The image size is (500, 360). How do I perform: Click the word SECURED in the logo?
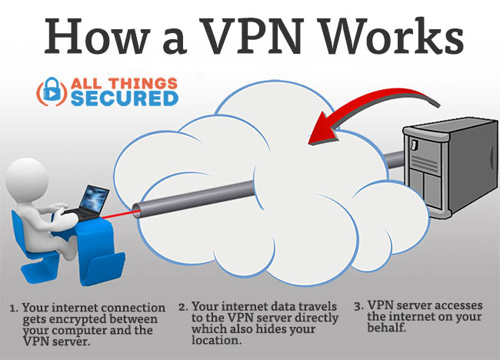point(125,98)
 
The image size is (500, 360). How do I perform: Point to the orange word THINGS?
point(142,83)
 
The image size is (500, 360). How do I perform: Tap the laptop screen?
point(94,198)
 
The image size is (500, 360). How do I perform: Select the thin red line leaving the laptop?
point(121,215)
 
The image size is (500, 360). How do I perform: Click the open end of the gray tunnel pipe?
point(136,210)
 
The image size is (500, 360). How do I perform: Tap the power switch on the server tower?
point(415,145)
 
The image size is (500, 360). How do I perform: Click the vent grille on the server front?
point(425,161)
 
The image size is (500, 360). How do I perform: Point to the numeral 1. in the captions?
point(14,308)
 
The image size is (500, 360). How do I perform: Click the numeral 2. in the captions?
point(183,307)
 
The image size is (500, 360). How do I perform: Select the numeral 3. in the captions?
point(358,306)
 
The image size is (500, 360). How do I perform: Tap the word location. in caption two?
point(215,340)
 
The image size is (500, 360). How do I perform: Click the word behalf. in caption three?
point(386,327)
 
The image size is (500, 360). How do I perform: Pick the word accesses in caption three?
point(458,305)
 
